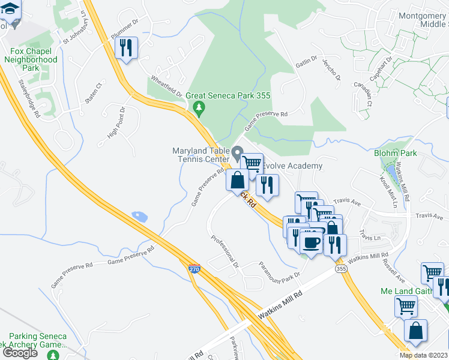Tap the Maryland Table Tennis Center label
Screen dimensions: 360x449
[201, 155]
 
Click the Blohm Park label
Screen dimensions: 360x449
[395, 153]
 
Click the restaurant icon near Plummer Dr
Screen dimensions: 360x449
[126, 47]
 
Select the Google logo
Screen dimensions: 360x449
[20, 353]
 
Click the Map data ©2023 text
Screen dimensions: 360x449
[423, 355]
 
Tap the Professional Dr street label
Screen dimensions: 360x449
[224, 251]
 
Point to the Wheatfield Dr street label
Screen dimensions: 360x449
[166, 86]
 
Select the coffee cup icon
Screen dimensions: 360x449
[311, 241]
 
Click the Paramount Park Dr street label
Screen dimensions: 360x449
[279, 271]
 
